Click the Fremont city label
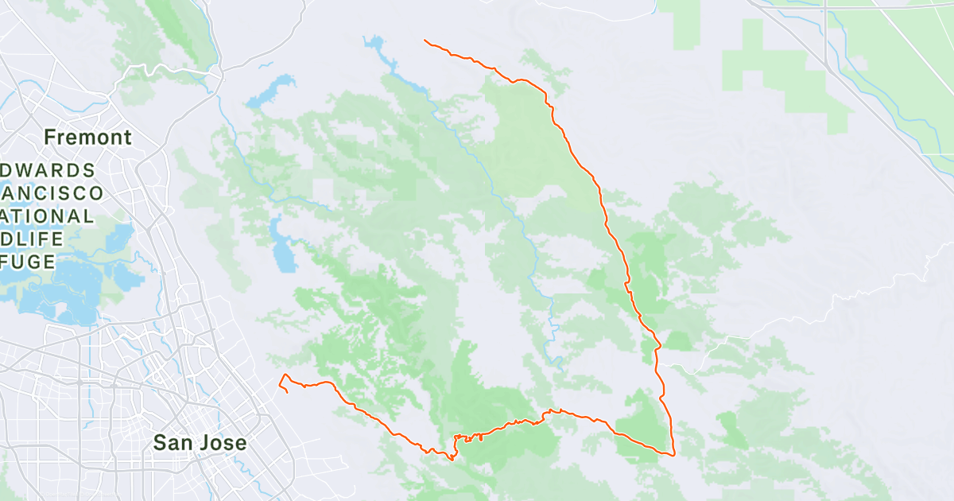click(x=87, y=138)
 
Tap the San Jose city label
click(x=200, y=443)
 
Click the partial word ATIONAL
click(x=47, y=216)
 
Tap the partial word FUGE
click(x=29, y=262)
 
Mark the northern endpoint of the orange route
click(x=425, y=40)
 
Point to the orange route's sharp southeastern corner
click(x=674, y=455)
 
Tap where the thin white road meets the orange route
click(x=659, y=365)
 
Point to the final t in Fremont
click(x=127, y=138)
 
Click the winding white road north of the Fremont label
click(x=159, y=71)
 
